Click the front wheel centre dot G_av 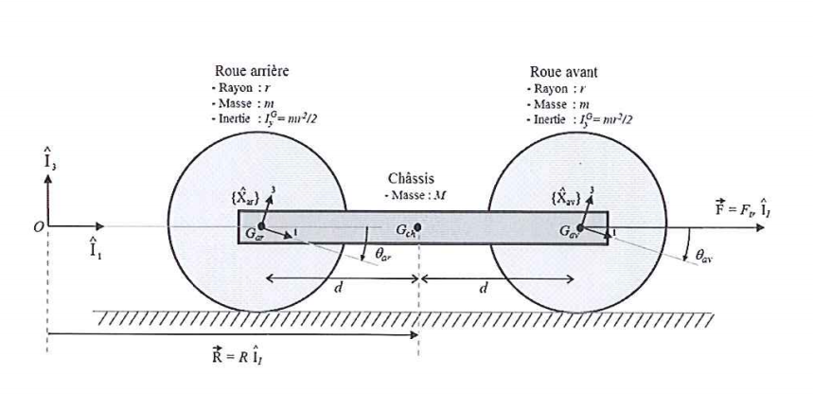click(576, 227)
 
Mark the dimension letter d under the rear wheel click(339, 289)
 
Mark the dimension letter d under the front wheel click(485, 289)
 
